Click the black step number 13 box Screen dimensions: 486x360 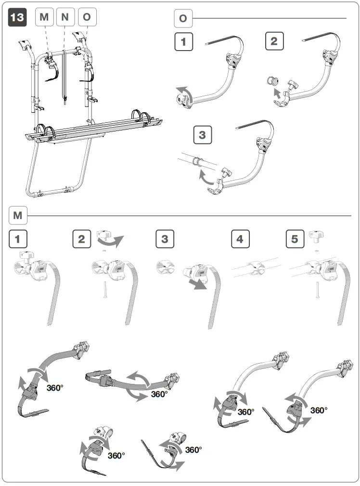click(17, 17)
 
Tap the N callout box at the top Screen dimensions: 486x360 click(65, 17)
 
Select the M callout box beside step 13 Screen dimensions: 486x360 click(45, 17)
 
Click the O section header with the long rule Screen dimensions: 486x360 click(183, 19)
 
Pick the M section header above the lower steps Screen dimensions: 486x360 click(18, 215)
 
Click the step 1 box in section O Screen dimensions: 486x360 click(183, 41)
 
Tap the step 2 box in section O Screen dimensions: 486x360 click(274, 41)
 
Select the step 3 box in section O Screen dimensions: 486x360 click(202, 134)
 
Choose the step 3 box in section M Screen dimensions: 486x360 click(165, 239)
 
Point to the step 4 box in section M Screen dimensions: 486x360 click(240, 239)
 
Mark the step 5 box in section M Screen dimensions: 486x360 click(295, 239)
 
